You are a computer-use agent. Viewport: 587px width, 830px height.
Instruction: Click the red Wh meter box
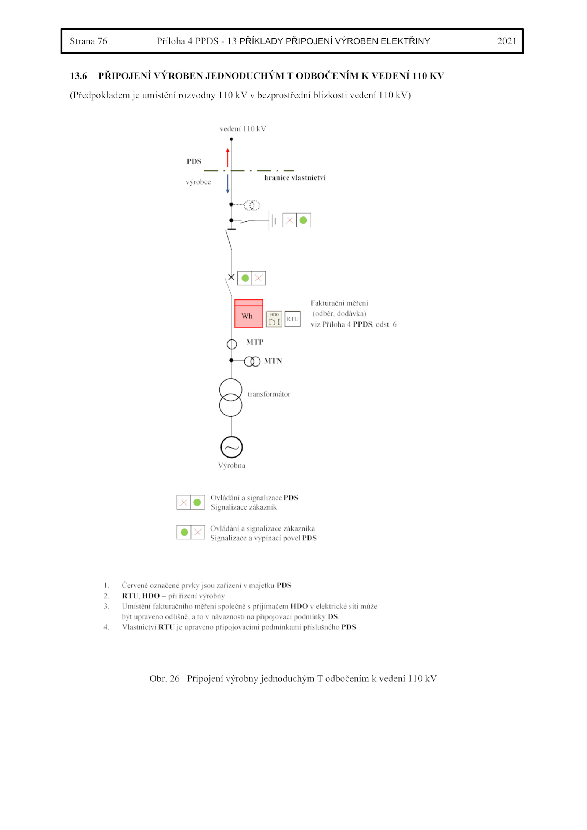coord(248,313)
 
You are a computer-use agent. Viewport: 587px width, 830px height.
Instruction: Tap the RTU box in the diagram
coord(292,319)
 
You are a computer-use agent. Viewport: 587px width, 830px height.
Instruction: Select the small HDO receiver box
coord(274,319)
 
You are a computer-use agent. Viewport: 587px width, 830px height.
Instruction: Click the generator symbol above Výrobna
coord(231,447)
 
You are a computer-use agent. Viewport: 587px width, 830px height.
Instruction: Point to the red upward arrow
coord(228,157)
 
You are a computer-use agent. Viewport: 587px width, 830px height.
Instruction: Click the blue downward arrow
coord(228,183)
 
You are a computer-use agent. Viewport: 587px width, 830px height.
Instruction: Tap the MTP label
coord(255,342)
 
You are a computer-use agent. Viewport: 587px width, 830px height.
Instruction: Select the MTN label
coord(273,361)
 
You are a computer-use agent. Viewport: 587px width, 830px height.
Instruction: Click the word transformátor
coord(269,394)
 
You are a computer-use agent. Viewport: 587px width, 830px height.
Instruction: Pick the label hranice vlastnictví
coord(295,178)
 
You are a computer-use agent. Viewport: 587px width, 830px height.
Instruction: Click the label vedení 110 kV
coord(243,129)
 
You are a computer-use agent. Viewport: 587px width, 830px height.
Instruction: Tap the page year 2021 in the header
coord(507,41)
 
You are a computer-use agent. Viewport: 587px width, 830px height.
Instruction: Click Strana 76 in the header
coord(88,41)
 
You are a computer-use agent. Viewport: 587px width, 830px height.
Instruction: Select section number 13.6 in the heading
coord(79,76)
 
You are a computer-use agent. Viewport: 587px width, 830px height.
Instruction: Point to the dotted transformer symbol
coord(252,205)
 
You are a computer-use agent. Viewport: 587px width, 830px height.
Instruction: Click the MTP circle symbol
coord(232,344)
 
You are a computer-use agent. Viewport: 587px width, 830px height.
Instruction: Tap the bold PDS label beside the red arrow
coord(194,161)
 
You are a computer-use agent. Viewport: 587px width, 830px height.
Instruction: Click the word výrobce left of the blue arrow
coord(198,182)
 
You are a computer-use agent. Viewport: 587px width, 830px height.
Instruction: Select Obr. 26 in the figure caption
coord(164,678)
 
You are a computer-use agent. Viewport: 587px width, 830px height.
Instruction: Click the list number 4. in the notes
coord(106,627)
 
